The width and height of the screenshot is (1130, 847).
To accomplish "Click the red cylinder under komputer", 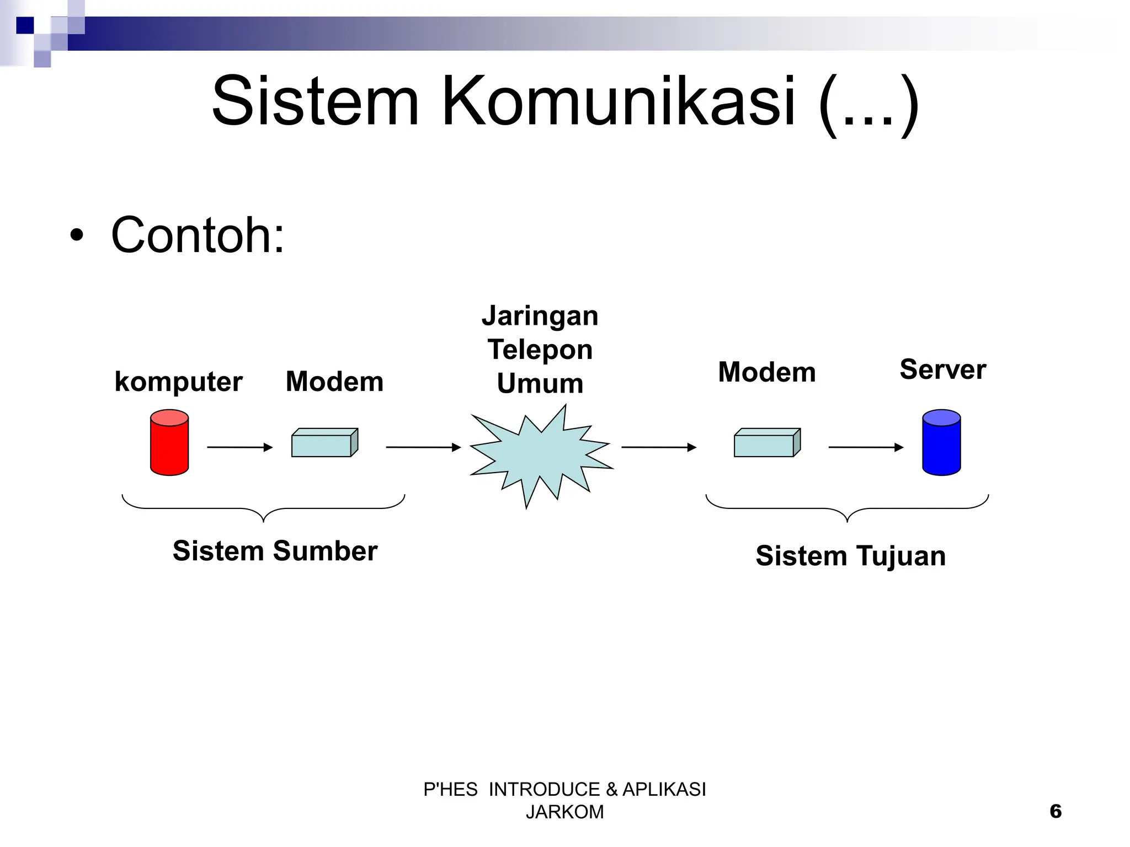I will (x=169, y=442).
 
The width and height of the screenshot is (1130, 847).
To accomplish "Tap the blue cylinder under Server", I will (x=941, y=442).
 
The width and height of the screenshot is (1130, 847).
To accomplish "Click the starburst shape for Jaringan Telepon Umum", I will (x=540, y=455).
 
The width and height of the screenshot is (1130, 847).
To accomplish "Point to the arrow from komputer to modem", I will (x=239, y=447).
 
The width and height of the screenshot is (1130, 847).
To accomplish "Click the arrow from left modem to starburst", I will (x=423, y=447).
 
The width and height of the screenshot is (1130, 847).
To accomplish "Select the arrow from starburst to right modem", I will (x=658, y=447).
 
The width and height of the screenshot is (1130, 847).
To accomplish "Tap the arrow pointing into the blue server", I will (x=865, y=447).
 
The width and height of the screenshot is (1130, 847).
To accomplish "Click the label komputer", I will (x=178, y=382).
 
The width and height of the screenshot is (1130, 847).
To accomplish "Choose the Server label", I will (x=942, y=369).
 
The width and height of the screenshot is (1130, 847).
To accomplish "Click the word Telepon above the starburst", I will (x=540, y=350).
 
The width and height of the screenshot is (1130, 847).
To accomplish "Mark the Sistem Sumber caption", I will (x=275, y=551).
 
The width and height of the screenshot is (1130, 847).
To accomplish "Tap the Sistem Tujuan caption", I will (x=850, y=555).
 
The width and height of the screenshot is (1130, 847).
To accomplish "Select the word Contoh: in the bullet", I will (x=198, y=235).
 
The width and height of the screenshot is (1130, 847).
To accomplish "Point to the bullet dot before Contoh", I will (x=77, y=236).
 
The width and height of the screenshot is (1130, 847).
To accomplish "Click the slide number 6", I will (x=1055, y=811).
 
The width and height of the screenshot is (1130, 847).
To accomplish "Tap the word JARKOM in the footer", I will (x=564, y=812).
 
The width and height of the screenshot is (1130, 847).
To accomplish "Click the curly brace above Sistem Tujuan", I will (x=847, y=508).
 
